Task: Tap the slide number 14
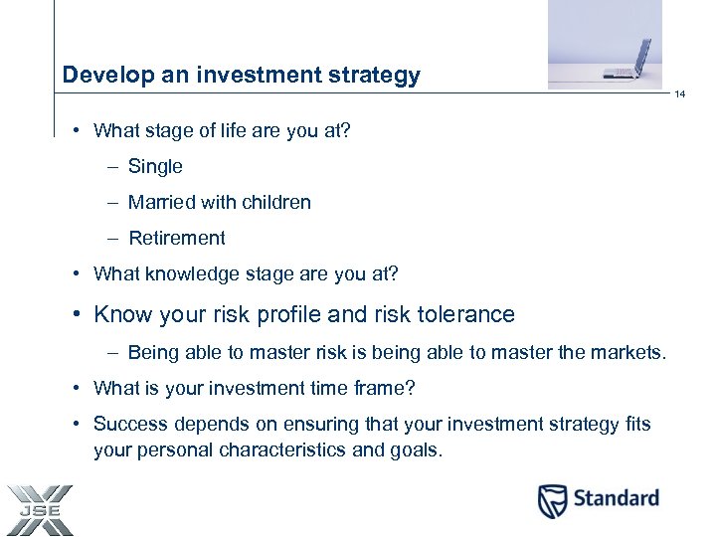pyautogui.click(x=680, y=95)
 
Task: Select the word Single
pyautogui.click(x=155, y=167)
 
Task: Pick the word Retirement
pyautogui.click(x=177, y=239)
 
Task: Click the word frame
pyautogui.click(x=386, y=388)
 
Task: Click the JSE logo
pyautogui.click(x=38, y=509)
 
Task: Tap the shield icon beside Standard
pyautogui.click(x=553, y=500)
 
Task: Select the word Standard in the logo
pyautogui.click(x=616, y=498)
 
